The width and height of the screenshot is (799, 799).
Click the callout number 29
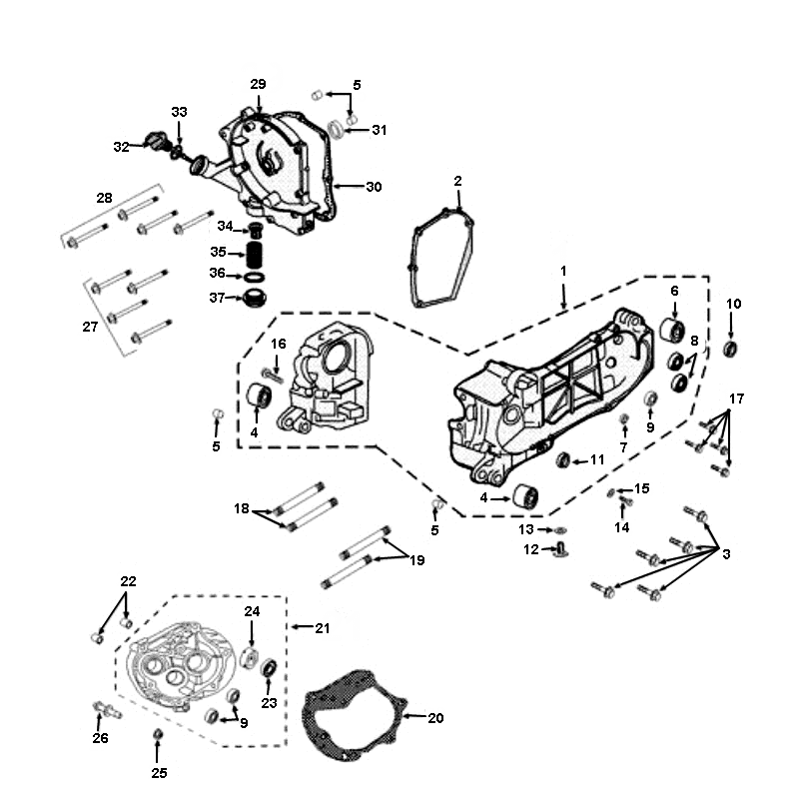click(x=258, y=84)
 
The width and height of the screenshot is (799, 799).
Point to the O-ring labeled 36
click(x=255, y=278)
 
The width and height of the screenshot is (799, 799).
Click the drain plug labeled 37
click(x=256, y=298)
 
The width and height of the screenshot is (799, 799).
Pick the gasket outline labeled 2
click(x=441, y=257)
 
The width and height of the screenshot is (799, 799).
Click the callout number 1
click(x=563, y=271)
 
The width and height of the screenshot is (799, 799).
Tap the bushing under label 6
click(x=673, y=330)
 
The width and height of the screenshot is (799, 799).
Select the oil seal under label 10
click(x=731, y=349)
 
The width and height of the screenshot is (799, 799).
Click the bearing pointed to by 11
click(x=562, y=459)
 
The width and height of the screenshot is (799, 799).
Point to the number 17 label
click(x=737, y=399)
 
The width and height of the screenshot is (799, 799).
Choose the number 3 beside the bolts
click(x=727, y=554)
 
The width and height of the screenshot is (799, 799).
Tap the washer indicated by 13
click(x=560, y=530)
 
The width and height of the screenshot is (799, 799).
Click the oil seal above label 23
click(x=269, y=668)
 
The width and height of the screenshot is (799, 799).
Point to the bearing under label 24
click(x=249, y=657)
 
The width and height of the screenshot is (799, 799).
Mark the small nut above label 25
click(x=158, y=734)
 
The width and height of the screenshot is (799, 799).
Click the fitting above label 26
click(x=107, y=709)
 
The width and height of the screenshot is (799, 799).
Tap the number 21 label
click(x=322, y=628)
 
